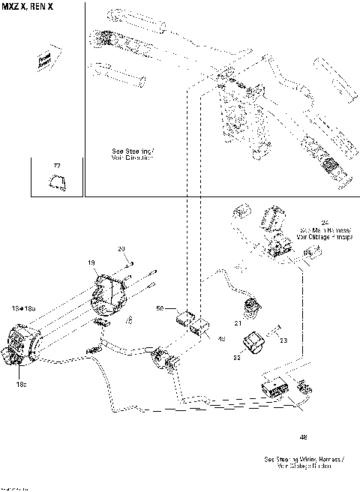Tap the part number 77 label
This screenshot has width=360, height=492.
click(56, 165)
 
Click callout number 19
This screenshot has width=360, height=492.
click(91, 263)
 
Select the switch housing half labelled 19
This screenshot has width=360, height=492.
click(110, 289)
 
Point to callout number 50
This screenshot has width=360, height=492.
click(160, 308)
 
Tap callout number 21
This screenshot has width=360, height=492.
click(237, 322)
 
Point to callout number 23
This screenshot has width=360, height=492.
click(284, 340)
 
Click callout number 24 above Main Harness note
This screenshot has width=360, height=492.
click(324, 222)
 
